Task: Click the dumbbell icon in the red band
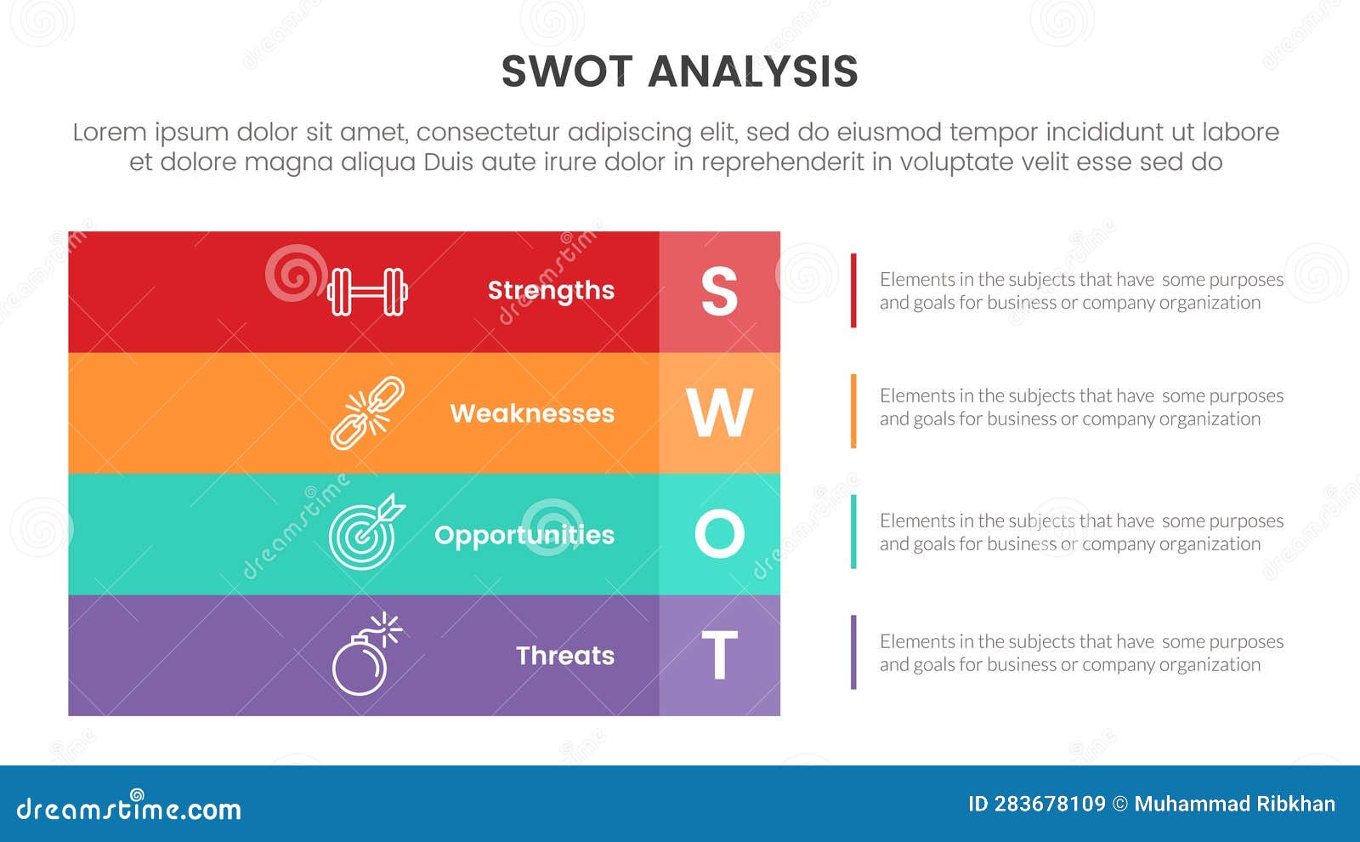[x=367, y=292]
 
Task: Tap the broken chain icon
[x=367, y=412]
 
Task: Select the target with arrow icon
[x=365, y=532]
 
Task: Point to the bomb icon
[x=364, y=656]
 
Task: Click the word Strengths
[x=551, y=291]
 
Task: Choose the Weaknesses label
[x=532, y=413]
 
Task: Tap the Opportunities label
[x=524, y=535]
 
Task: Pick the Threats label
[x=565, y=656]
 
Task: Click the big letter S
[x=719, y=292]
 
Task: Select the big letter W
[x=719, y=413]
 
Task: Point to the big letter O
[x=719, y=534]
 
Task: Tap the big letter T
[x=719, y=656]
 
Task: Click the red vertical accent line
[x=853, y=290]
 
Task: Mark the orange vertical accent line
[x=853, y=411]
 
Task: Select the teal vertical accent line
[x=853, y=532]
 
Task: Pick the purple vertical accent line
[x=853, y=652]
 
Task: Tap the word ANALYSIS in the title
[x=753, y=71]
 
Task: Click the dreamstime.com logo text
[x=129, y=808]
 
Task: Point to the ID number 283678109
[x=1050, y=804]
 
